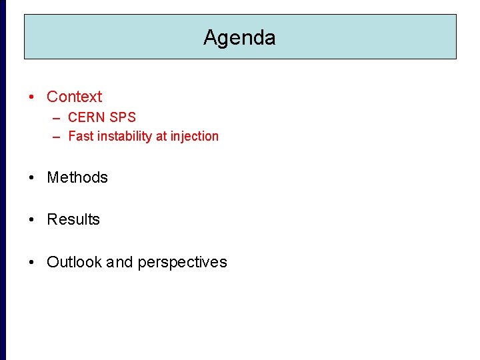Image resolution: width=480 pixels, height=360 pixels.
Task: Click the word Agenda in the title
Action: click(239, 37)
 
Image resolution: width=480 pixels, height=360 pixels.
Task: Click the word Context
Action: click(74, 97)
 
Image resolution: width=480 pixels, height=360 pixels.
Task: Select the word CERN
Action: click(87, 117)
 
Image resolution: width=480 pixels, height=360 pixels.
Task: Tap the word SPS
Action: click(123, 117)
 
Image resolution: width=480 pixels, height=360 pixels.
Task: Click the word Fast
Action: click(81, 136)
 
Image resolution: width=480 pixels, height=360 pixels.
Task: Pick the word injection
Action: click(194, 136)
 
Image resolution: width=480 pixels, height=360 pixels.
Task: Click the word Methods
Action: click(77, 177)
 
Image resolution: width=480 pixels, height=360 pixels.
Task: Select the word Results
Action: click(73, 219)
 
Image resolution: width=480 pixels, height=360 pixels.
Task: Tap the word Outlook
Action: click(73, 262)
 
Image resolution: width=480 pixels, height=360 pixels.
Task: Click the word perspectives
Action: click(182, 263)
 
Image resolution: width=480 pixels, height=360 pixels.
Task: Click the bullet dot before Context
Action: click(32, 97)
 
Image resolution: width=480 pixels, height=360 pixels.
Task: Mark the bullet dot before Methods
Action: click(32, 178)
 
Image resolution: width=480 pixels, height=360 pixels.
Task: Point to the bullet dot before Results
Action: click(32, 220)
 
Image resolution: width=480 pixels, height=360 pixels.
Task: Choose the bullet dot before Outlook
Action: click(32, 263)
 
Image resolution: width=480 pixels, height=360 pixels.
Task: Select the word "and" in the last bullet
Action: click(120, 262)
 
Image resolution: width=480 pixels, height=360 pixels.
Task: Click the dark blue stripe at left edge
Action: click(3, 180)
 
